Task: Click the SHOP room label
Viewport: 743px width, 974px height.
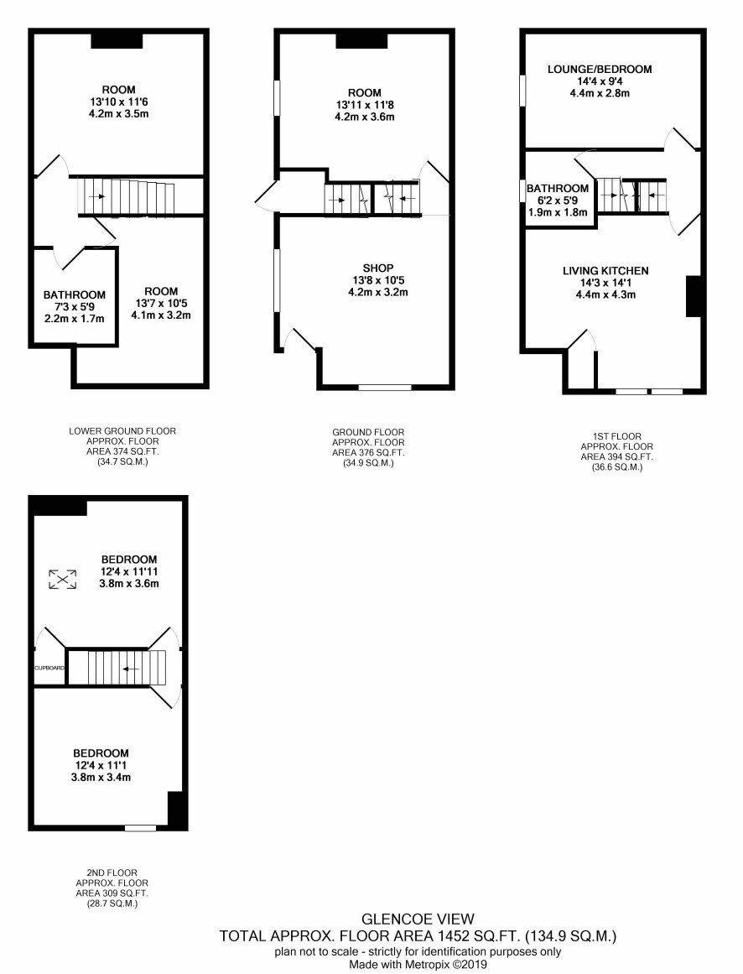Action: (x=378, y=268)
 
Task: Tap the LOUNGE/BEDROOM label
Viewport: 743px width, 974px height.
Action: (x=600, y=69)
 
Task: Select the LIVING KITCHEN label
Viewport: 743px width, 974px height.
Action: (x=605, y=271)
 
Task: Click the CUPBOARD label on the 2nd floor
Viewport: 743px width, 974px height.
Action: (x=49, y=668)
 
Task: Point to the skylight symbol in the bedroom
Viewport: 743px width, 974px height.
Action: (x=63, y=579)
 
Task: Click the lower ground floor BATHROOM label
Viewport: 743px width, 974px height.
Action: (x=75, y=295)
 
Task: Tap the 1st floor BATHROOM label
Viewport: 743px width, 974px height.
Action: (x=558, y=188)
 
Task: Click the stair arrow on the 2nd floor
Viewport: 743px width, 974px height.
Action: (x=131, y=669)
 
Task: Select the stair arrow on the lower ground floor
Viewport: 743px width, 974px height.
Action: (x=96, y=196)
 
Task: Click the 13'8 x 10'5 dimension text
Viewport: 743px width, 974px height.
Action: (x=378, y=280)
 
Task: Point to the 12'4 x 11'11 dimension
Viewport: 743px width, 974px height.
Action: (x=129, y=571)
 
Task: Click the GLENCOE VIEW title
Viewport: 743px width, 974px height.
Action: (x=418, y=919)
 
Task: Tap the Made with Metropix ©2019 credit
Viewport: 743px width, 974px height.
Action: (x=418, y=965)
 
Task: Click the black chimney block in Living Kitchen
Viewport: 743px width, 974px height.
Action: (x=694, y=296)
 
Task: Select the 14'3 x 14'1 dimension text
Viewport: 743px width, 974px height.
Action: (x=605, y=283)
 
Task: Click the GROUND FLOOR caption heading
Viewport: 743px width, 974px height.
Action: (x=369, y=432)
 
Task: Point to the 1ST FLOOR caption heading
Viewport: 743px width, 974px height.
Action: (x=617, y=436)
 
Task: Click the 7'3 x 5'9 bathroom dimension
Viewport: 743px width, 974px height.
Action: (x=75, y=307)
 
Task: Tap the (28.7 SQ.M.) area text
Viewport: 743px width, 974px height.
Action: (x=112, y=904)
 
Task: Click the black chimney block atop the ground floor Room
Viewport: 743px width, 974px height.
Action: (x=362, y=41)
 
